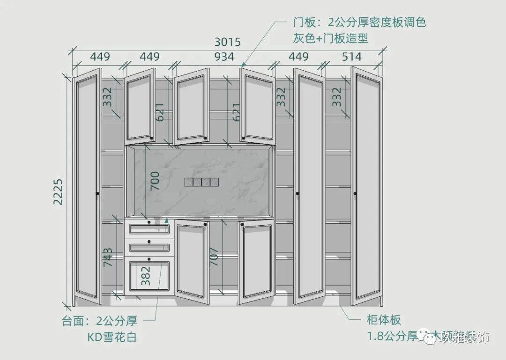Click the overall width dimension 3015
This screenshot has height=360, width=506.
pyautogui.click(x=227, y=42)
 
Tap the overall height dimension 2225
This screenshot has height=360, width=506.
pyautogui.click(x=58, y=191)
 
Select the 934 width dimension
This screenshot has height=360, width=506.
pyautogui.click(x=224, y=57)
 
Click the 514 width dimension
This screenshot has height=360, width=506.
pyautogui.click(x=351, y=57)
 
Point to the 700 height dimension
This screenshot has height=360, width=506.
pyautogui.click(x=155, y=181)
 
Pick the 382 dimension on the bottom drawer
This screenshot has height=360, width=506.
pyautogui.click(x=146, y=276)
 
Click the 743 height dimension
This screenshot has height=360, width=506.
pyautogui.click(x=108, y=257)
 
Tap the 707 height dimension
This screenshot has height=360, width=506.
pyautogui.click(x=214, y=257)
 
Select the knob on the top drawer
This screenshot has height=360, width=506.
pyautogui.click(x=149, y=222)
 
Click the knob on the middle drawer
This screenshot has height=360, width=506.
pyautogui.click(x=149, y=242)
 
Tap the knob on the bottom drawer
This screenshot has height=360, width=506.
pyautogui.click(x=149, y=258)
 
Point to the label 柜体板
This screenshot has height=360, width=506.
pyautogui.click(x=383, y=321)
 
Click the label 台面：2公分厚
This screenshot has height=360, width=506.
pyautogui.click(x=99, y=321)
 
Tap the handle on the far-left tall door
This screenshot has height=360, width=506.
pyautogui.click(x=97, y=193)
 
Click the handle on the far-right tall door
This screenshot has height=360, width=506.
pyautogui.click(x=355, y=193)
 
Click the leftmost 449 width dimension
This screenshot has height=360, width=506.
pyautogui.click(x=100, y=57)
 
